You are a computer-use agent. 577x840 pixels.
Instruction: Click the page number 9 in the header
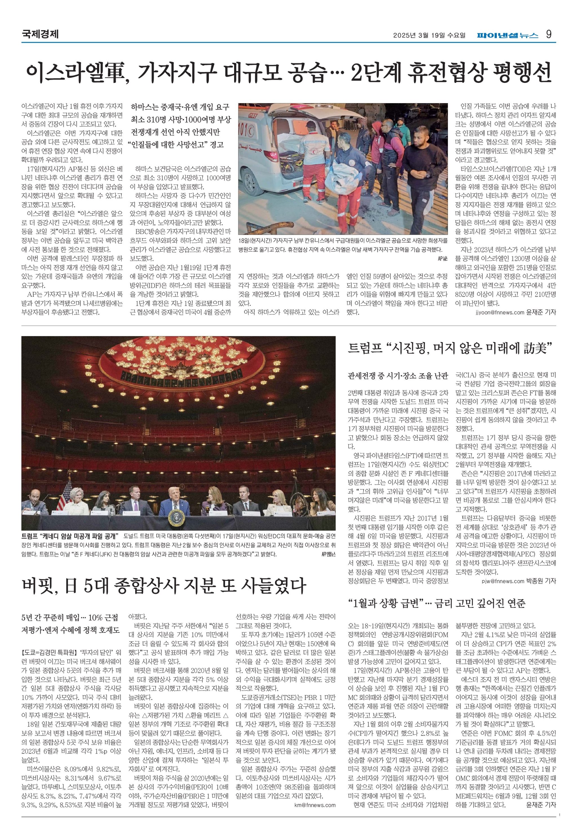pos(549,35)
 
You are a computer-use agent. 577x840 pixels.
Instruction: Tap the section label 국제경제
pos(40,35)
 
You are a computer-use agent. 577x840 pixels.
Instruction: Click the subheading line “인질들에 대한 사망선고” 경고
pos(177,145)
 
